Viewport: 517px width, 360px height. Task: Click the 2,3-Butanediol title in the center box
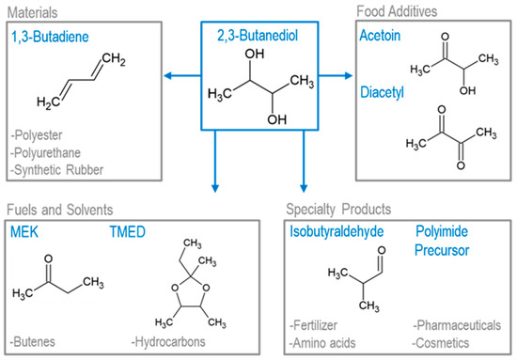click(x=258, y=36)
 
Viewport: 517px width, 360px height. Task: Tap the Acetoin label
click(x=381, y=36)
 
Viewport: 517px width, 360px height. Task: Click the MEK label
click(x=24, y=230)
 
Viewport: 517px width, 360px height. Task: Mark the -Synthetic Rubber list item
click(x=55, y=169)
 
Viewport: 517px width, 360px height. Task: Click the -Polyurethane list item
click(x=46, y=154)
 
